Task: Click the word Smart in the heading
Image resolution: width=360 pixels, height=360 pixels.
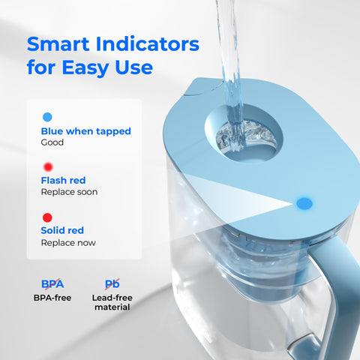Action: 62,43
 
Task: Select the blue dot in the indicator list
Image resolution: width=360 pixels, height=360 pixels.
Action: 47,117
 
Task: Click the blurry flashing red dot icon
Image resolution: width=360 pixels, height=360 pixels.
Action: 47,166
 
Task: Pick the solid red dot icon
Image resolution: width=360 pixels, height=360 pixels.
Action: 47,217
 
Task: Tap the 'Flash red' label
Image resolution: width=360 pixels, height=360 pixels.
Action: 63,180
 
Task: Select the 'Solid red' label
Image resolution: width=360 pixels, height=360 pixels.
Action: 62,229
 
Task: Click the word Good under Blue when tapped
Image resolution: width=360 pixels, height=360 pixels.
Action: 52,142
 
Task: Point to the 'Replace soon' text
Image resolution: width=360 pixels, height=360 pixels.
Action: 69,192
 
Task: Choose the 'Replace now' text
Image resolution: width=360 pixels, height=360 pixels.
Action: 67,242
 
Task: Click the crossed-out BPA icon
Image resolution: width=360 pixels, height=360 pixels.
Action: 52,283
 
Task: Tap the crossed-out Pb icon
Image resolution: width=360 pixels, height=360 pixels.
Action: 112,283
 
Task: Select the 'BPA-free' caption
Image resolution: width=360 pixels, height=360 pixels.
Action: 52,298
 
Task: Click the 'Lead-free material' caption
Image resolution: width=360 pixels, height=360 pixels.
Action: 112,302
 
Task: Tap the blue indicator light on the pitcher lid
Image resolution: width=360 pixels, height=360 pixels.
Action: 304,202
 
